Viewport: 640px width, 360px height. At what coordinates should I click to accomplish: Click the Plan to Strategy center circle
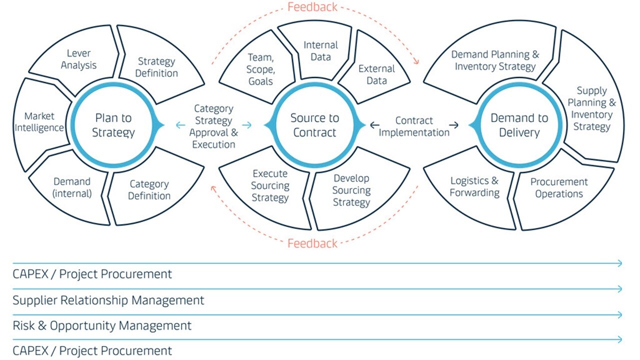114,125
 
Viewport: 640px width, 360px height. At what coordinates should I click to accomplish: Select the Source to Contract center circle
314,125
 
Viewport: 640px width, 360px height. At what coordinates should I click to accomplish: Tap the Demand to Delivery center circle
519,125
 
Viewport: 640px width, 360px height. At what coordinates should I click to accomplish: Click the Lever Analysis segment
78,59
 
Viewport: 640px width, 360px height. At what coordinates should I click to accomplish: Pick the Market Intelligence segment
39,122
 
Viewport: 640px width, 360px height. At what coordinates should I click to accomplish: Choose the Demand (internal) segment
72,187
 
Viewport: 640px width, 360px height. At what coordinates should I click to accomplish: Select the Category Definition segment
149,190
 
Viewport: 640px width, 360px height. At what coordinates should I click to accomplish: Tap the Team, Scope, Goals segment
260,69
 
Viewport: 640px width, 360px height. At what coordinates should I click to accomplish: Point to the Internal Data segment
320,51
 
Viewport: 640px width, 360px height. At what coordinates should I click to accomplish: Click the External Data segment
376,74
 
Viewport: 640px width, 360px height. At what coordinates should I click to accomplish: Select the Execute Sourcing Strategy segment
270,185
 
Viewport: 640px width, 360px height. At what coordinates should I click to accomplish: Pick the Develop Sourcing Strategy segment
351,190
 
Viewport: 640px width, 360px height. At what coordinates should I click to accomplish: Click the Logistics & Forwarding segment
474,186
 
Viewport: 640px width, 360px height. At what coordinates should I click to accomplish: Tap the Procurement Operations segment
558,188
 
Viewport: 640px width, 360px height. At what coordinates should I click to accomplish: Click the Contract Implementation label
414,126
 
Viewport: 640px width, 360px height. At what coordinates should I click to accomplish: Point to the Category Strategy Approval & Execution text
213,126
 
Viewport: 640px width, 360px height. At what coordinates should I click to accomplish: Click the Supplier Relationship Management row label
108,300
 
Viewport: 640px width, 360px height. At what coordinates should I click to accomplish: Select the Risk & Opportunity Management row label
102,325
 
